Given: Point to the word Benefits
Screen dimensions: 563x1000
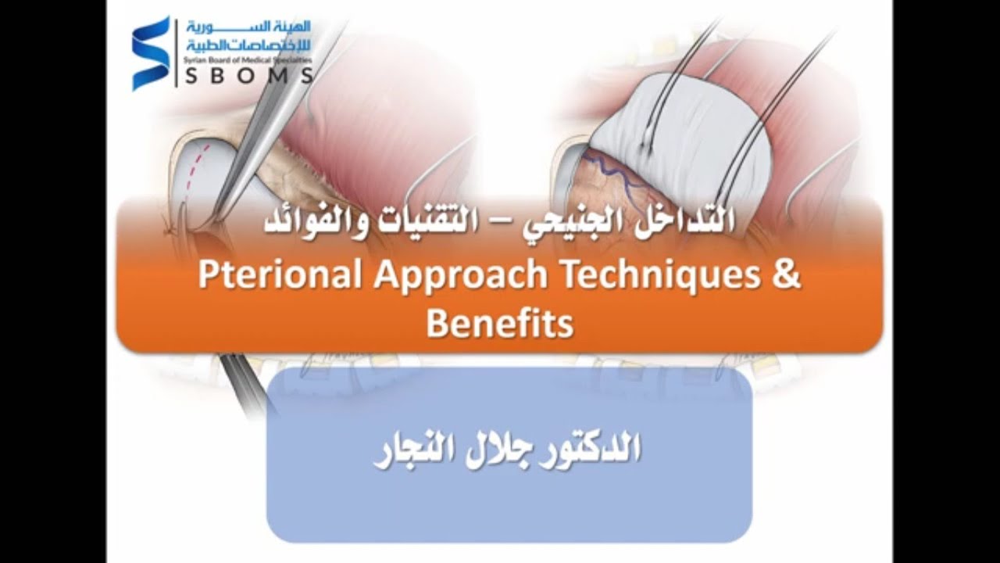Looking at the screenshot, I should pyautogui.click(x=500, y=322).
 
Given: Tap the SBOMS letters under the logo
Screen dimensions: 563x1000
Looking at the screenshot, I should pyautogui.click(x=249, y=76).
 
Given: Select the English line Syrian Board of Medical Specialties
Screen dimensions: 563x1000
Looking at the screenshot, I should pyautogui.click(x=248, y=59).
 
